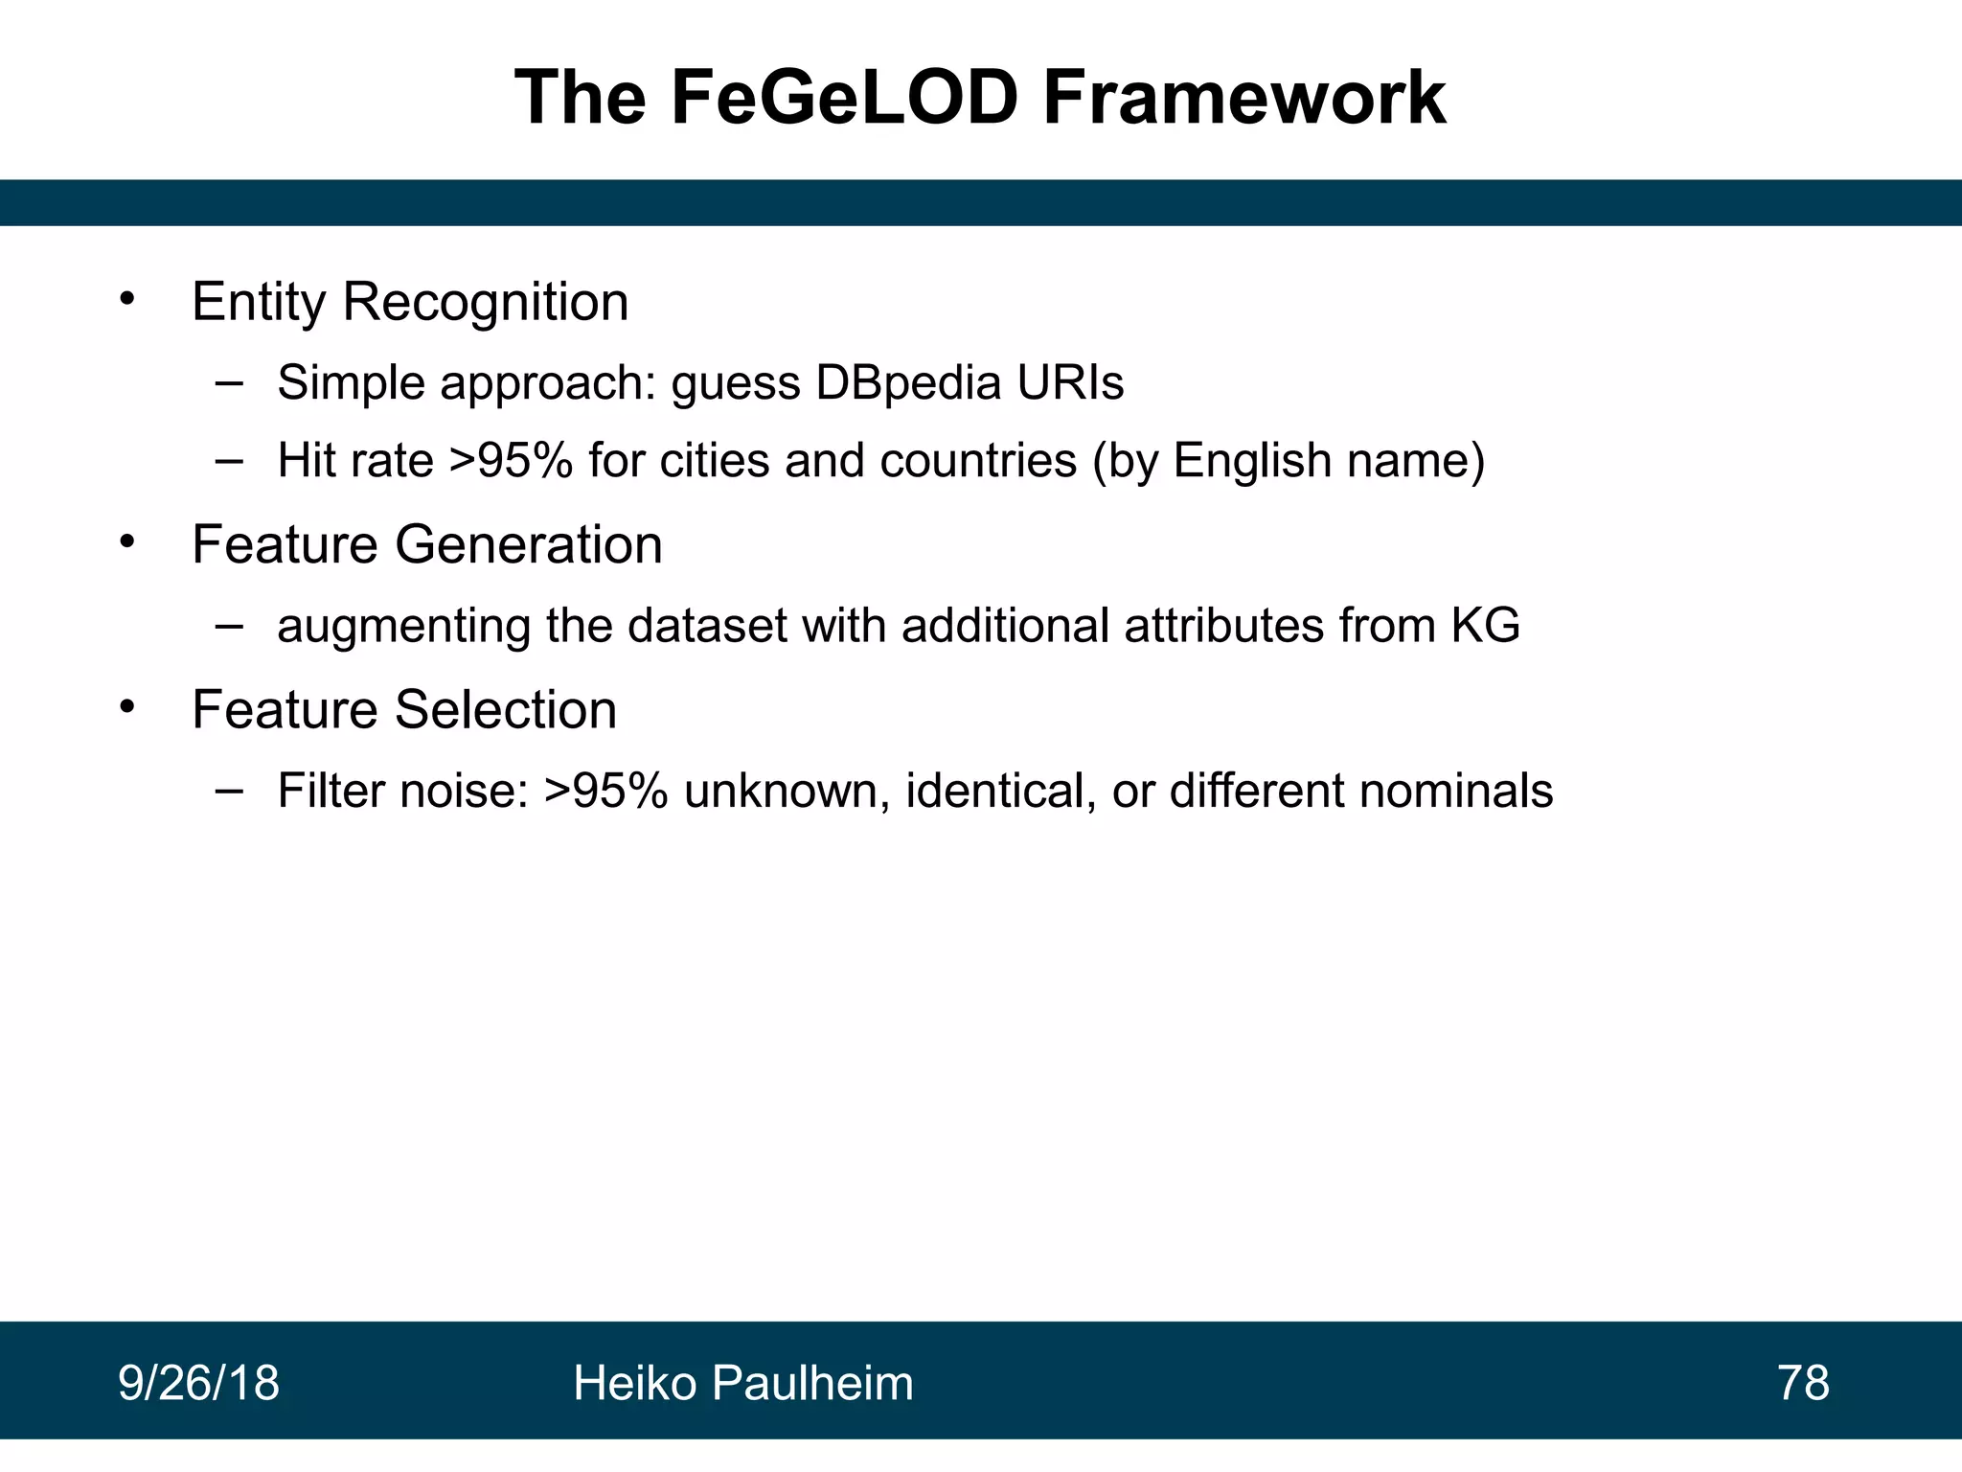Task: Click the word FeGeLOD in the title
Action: tap(844, 98)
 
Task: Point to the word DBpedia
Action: tap(908, 383)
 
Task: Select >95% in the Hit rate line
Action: tap(511, 461)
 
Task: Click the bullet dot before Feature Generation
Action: tap(127, 541)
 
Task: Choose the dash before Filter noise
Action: tap(229, 791)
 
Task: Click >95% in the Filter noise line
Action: tap(605, 792)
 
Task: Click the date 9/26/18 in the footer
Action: tap(198, 1383)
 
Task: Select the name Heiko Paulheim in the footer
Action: tap(743, 1383)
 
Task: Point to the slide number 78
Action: tap(1803, 1383)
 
